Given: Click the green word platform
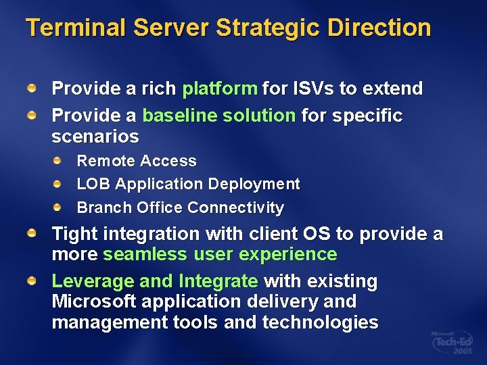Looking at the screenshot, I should click(x=220, y=89).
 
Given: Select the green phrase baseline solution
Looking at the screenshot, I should click(x=218, y=116).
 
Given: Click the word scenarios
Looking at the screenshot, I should click(x=95, y=137).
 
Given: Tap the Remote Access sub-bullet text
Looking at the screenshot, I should click(x=137, y=162).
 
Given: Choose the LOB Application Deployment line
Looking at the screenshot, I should click(x=188, y=184).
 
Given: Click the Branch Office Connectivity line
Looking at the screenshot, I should click(x=180, y=208).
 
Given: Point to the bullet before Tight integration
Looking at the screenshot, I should click(x=32, y=233).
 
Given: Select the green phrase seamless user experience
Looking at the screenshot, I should click(x=220, y=255).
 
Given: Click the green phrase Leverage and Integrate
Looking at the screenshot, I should click(x=155, y=281).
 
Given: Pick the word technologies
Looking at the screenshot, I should click(x=320, y=322).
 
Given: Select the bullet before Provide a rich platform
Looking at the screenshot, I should click(x=32, y=88).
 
